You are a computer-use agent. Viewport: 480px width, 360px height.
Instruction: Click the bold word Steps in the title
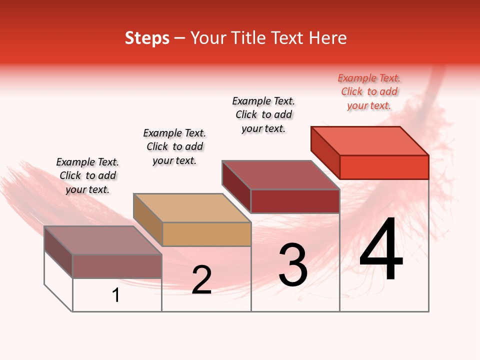coord(147,38)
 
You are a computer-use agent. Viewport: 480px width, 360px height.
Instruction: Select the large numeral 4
coord(381,250)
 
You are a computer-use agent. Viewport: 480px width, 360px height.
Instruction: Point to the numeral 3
coord(293,265)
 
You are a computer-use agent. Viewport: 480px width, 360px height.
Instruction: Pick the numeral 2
coord(201,280)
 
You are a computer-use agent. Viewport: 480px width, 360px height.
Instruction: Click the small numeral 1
coord(116,295)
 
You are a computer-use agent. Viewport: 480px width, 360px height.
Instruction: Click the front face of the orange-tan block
coord(206,234)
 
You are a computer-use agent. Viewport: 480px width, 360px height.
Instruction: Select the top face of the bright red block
coord(369,140)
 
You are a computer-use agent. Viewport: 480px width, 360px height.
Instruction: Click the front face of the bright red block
coord(384,167)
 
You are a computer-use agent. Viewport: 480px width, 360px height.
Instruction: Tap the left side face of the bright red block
coord(325,152)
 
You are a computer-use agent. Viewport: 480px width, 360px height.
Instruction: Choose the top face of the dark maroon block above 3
coord(280,175)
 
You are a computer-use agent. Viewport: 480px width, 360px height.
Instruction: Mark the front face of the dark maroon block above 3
coord(295,201)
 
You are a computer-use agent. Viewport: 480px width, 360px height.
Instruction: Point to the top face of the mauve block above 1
coord(103,240)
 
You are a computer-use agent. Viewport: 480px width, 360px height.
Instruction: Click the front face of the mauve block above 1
coord(117,266)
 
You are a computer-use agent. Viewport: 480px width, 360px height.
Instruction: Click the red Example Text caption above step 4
coord(369,92)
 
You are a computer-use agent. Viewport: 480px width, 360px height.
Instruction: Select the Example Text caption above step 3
coord(263,114)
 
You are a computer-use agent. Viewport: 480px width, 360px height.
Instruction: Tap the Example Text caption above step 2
coord(174,146)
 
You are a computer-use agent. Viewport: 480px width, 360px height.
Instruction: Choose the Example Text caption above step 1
coord(87,175)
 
